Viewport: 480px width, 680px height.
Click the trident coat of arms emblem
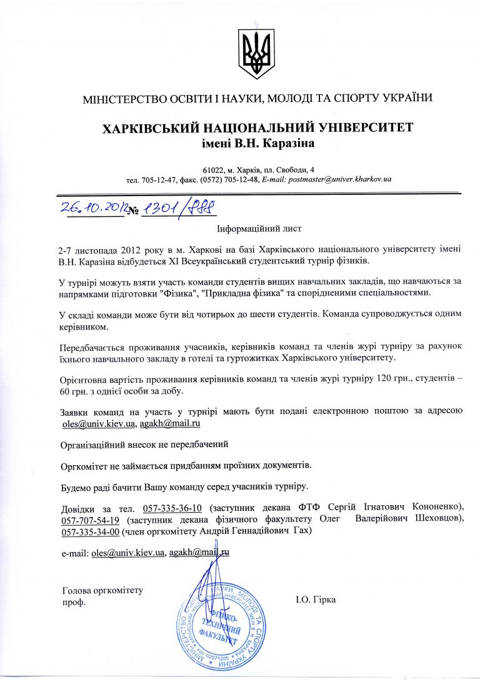257,54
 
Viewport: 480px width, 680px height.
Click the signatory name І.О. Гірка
316,600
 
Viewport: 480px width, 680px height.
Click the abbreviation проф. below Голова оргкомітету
74,602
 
